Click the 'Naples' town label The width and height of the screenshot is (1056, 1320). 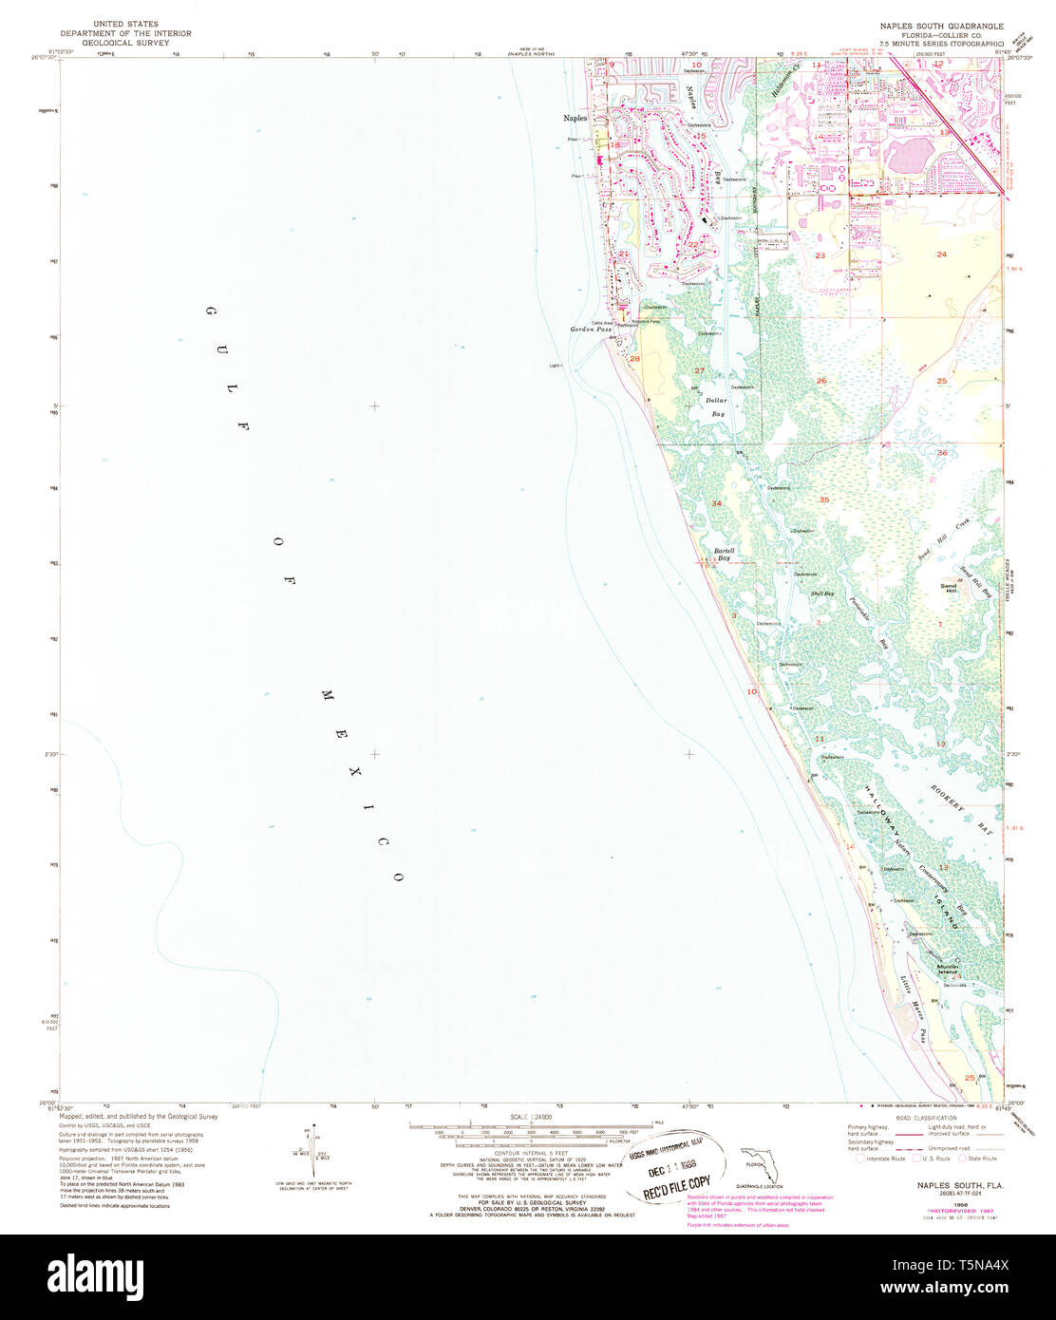[x=575, y=118]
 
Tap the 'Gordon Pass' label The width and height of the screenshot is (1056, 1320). [x=589, y=330]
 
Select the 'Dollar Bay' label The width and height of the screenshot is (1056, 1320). [x=717, y=407]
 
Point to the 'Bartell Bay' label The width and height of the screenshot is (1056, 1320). [x=725, y=555]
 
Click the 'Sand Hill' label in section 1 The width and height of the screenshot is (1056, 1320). [x=949, y=589]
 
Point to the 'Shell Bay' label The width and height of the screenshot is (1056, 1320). [x=821, y=594]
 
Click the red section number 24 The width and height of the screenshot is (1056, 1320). [x=941, y=255]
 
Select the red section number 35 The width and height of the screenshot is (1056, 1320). [x=824, y=500]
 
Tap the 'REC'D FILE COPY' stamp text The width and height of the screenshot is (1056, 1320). [x=678, y=1183]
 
